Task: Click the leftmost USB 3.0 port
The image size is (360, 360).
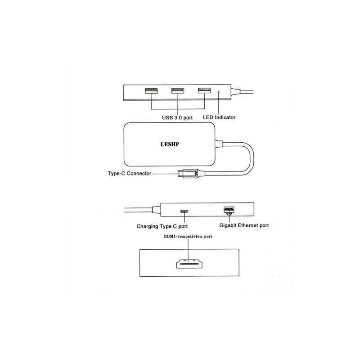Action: coord(151,90)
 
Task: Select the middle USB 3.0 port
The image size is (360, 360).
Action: coord(178,90)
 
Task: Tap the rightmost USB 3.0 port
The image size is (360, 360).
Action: coord(204,90)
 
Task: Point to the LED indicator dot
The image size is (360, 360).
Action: coord(219,92)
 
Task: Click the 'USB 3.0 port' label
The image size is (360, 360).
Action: coord(177,118)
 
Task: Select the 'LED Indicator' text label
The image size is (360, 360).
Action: coord(219,117)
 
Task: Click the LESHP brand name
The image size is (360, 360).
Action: coord(170,144)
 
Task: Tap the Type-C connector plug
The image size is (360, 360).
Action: coord(188,174)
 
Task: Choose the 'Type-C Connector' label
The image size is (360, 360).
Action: coord(130,173)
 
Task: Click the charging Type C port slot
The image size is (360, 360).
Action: coord(184,211)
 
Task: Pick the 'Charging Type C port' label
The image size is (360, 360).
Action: coord(162,226)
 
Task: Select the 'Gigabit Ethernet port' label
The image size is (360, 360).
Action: coord(244,225)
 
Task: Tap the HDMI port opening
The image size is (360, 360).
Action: coord(189,264)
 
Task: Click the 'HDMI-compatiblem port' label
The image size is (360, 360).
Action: coord(188,236)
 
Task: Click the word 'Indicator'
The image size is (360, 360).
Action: coord(225,117)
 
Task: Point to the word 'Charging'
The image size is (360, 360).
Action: coord(147,226)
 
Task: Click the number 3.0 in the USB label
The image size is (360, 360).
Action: coord(178,118)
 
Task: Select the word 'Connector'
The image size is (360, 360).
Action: coord(139,173)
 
